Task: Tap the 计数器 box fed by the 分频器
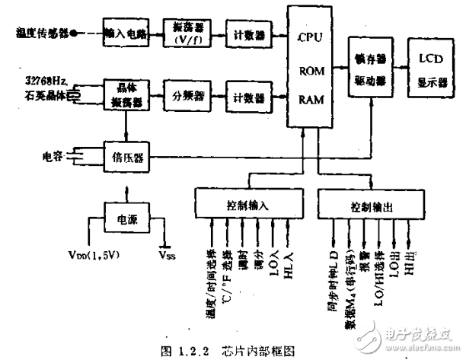pos(248,97)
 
